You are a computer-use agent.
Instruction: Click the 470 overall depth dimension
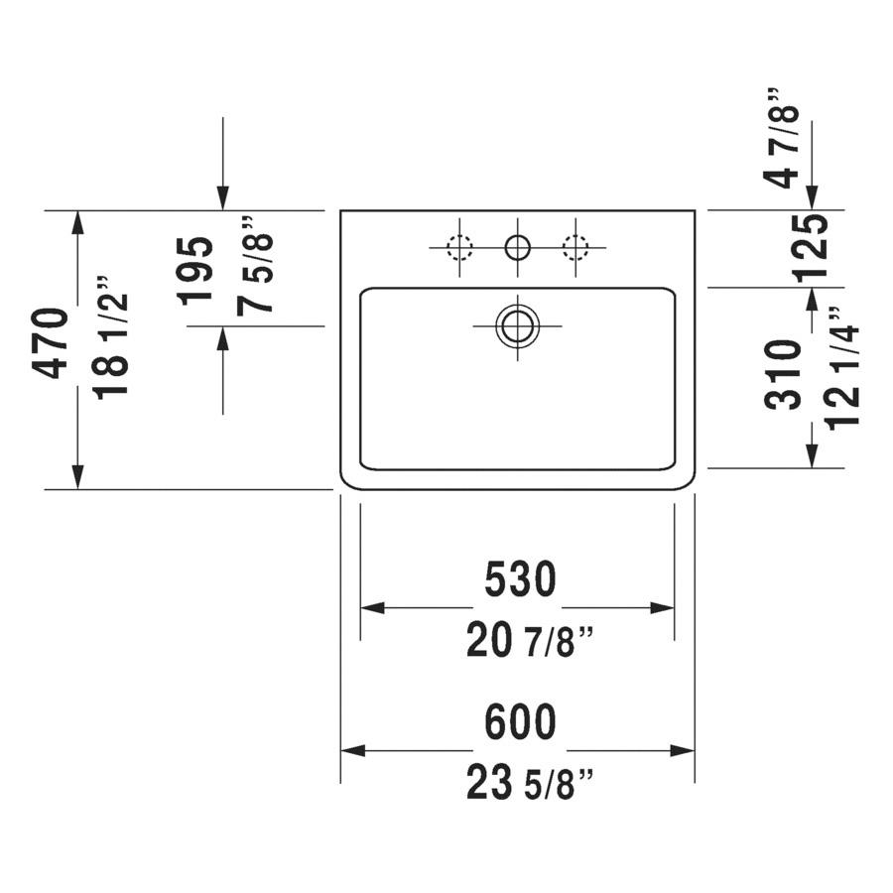point(51,343)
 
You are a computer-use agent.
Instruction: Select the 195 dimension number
point(195,271)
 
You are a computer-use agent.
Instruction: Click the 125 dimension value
point(810,248)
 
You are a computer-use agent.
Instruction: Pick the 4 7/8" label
point(782,138)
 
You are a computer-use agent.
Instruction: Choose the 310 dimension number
point(783,375)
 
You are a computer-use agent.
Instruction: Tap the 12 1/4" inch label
point(840,368)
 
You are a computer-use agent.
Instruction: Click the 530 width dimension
point(520,579)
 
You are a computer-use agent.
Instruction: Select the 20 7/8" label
point(530,641)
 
